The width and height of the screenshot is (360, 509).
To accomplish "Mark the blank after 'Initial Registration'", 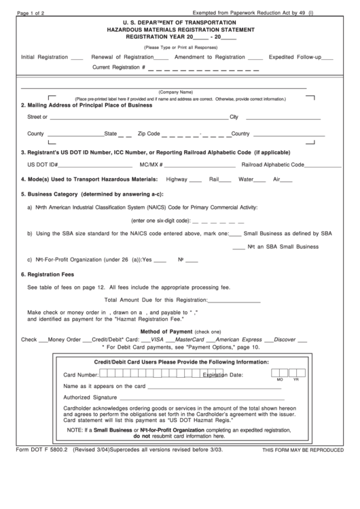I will (77, 59).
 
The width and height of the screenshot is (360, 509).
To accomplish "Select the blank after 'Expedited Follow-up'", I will (327, 59).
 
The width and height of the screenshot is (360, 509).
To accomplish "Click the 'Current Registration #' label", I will (119, 68).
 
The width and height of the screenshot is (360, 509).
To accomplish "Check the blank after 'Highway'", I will (195, 181).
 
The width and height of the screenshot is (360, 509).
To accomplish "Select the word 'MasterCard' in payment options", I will (190, 339).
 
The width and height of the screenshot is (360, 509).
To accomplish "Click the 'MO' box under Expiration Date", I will (279, 374).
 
